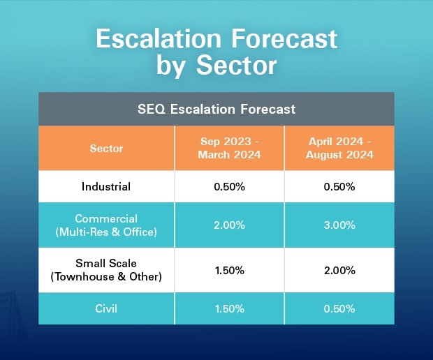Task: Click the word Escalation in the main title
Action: pyautogui.click(x=159, y=39)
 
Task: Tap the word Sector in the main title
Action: pyautogui.click(x=236, y=66)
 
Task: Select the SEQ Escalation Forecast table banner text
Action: pyautogui.click(x=216, y=109)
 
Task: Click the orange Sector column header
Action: pyautogui.click(x=106, y=149)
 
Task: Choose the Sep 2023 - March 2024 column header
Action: pyautogui.click(x=230, y=148)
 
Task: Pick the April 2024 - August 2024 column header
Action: pyautogui.click(x=339, y=148)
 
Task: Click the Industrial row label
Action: pyautogui.click(x=106, y=187)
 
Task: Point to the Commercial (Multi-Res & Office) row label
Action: pyautogui.click(x=106, y=225)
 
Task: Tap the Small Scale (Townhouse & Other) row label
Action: pyautogui.click(x=106, y=270)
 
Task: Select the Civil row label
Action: pyautogui.click(x=106, y=308)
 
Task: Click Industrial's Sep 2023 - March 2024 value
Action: pyautogui.click(x=230, y=187)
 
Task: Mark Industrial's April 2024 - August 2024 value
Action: pyautogui.click(x=339, y=187)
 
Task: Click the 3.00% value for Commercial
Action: pyautogui.click(x=339, y=225)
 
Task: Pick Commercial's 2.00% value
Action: pyautogui.click(x=230, y=225)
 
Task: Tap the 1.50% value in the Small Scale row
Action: pyautogui.click(x=230, y=270)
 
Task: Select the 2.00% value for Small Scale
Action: pyautogui.click(x=339, y=270)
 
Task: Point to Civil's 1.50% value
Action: pyautogui.click(x=230, y=308)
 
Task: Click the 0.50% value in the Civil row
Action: pyautogui.click(x=339, y=308)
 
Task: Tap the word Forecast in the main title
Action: pyautogui.click(x=284, y=39)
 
